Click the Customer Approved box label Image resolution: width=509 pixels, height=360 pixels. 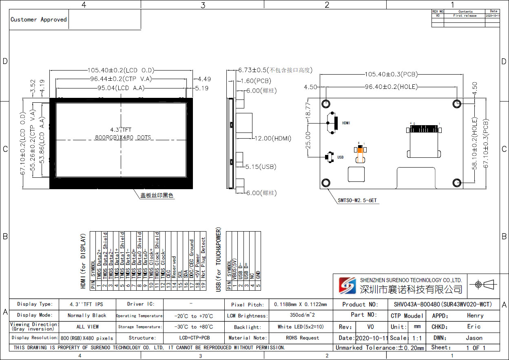point(39,20)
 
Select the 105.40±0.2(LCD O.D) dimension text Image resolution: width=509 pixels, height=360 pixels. point(121,70)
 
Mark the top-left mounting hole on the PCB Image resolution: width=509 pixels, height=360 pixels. point(326,104)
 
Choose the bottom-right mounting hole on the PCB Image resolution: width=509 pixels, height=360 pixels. point(457,183)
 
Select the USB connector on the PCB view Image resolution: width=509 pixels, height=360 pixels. point(329,157)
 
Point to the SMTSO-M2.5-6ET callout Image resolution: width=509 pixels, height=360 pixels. point(357,201)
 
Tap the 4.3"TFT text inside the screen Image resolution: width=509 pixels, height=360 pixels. point(121,130)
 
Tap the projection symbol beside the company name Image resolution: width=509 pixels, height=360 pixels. point(485,284)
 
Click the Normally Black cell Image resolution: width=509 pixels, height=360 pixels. point(87,315)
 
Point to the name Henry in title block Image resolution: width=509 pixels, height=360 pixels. point(475,316)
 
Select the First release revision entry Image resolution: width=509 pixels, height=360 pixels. point(465,15)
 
